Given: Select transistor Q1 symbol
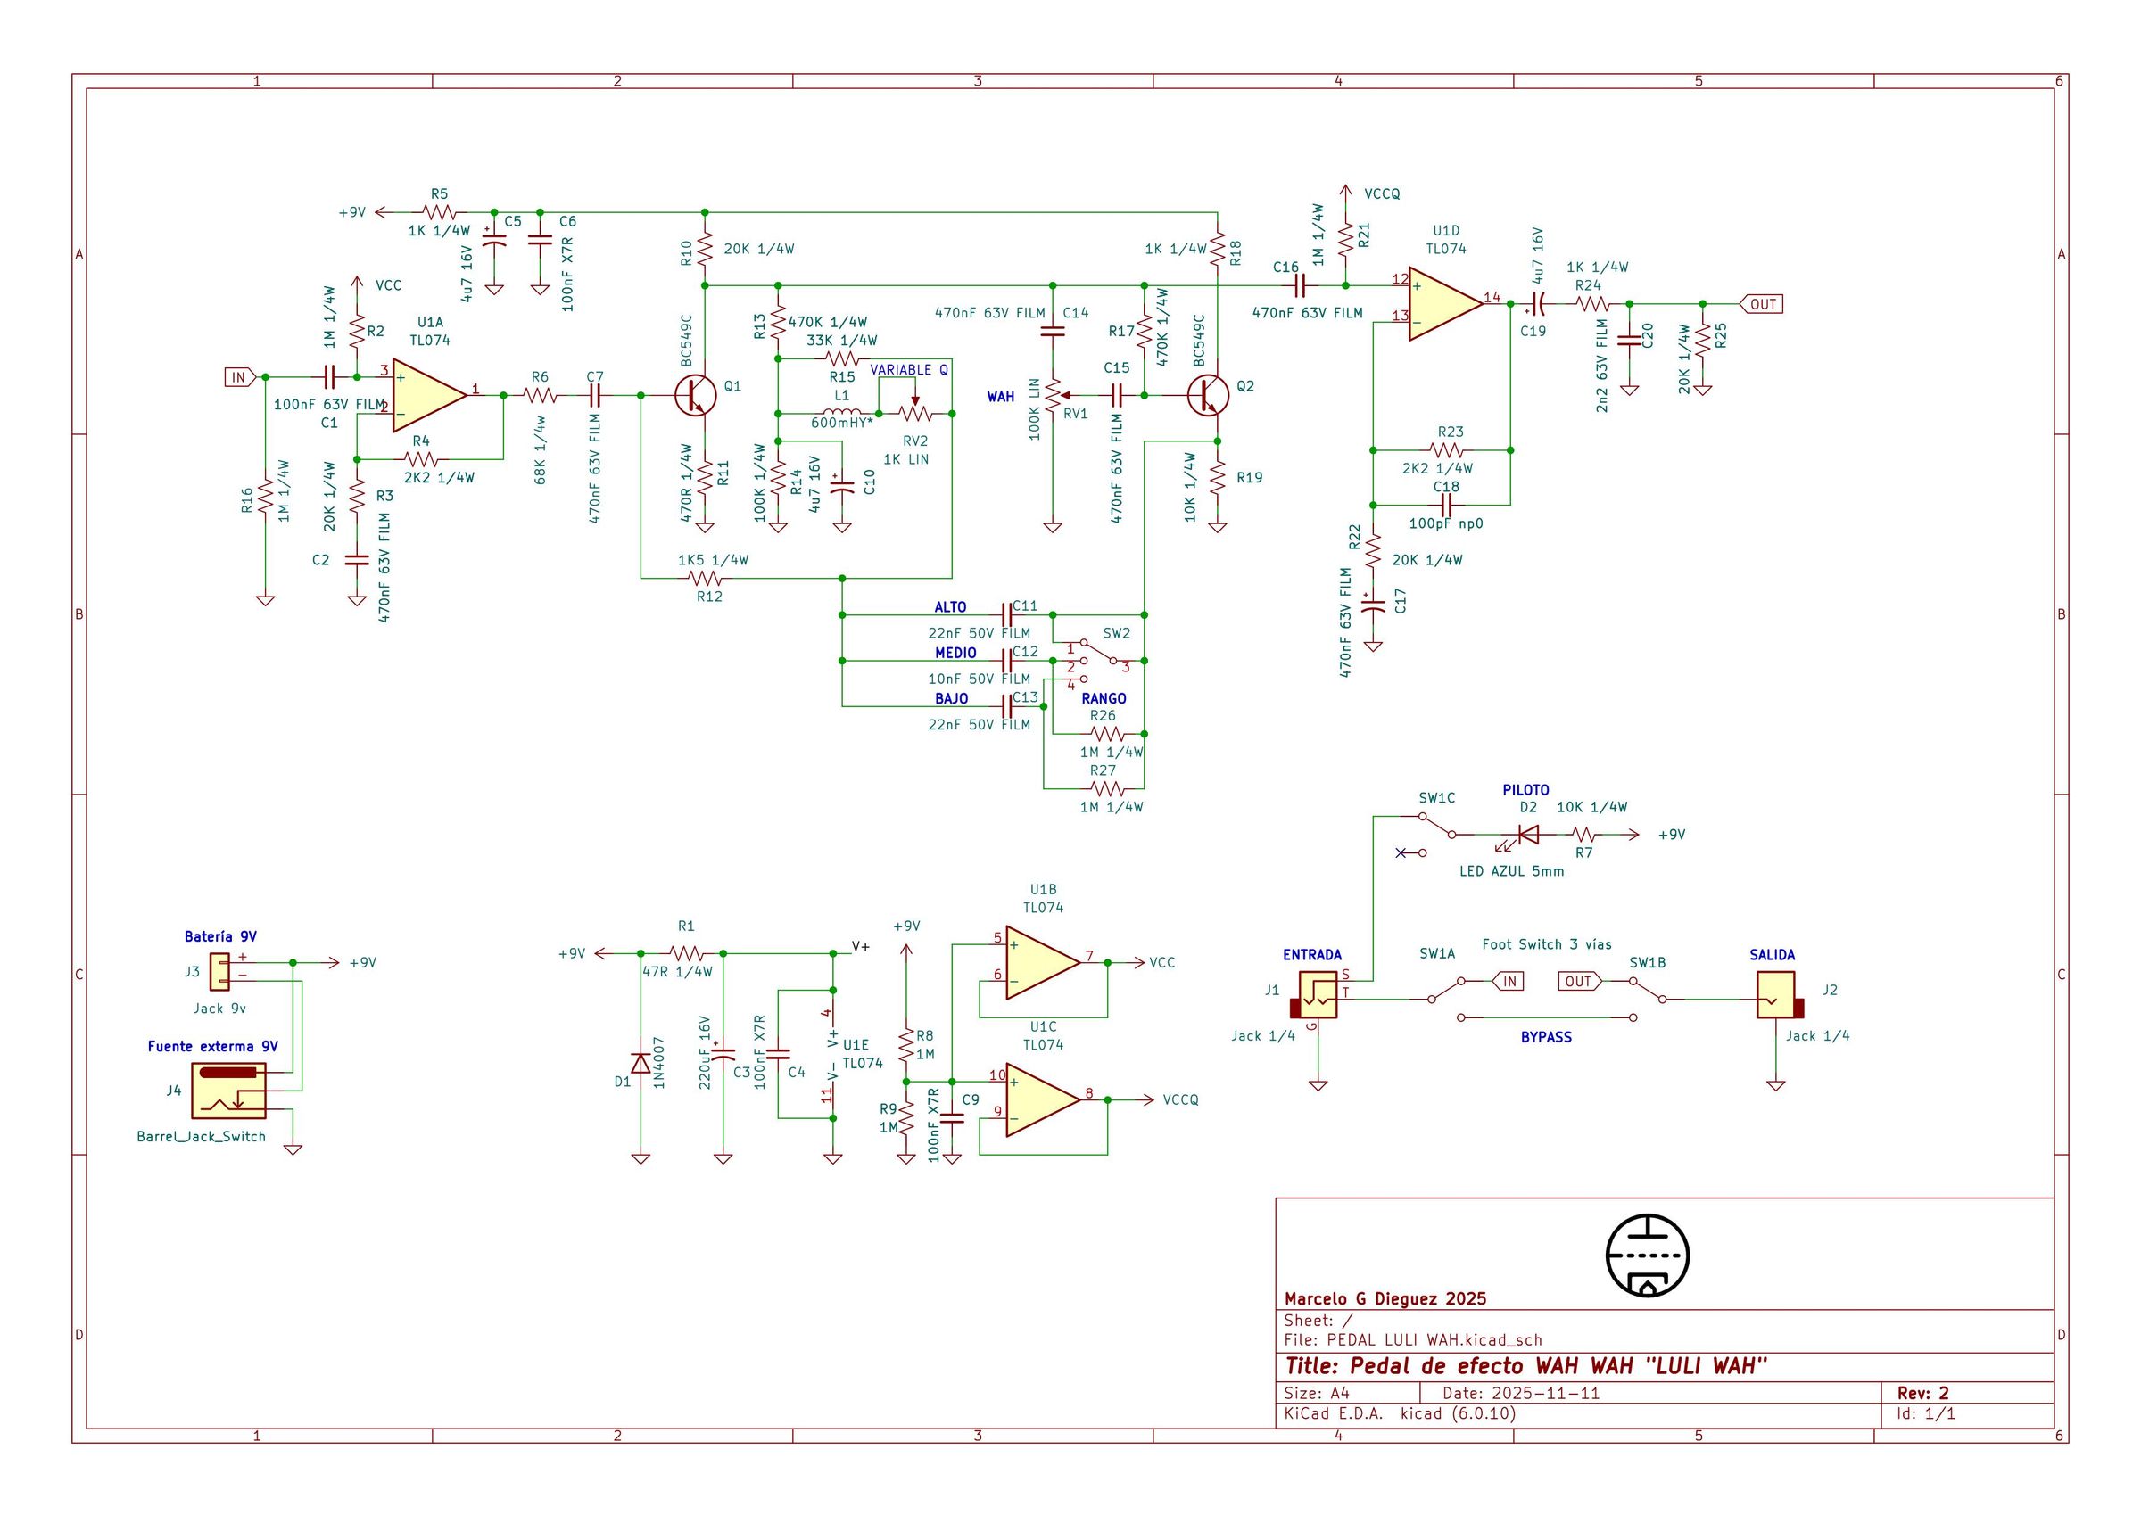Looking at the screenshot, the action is tap(695, 396).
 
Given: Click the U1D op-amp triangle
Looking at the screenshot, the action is tap(1445, 303).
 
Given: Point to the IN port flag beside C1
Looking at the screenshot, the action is tap(239, 377).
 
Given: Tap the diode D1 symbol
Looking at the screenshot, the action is tap(641, 1064).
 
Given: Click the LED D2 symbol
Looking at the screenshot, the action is tap(1528, 836).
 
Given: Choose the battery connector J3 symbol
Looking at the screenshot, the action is tap(220, 971).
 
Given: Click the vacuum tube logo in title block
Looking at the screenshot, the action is tap(1648, 1256).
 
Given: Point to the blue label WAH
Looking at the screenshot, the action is tap(1001, 397).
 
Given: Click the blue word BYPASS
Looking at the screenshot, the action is tap(1546, 1036).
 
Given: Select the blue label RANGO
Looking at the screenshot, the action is tap(1104, 698).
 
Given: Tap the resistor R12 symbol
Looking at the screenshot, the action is tap(709, 579).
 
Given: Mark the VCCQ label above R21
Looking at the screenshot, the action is tap(1381, 194).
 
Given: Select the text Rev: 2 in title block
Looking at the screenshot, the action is tap(1922, 1393).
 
